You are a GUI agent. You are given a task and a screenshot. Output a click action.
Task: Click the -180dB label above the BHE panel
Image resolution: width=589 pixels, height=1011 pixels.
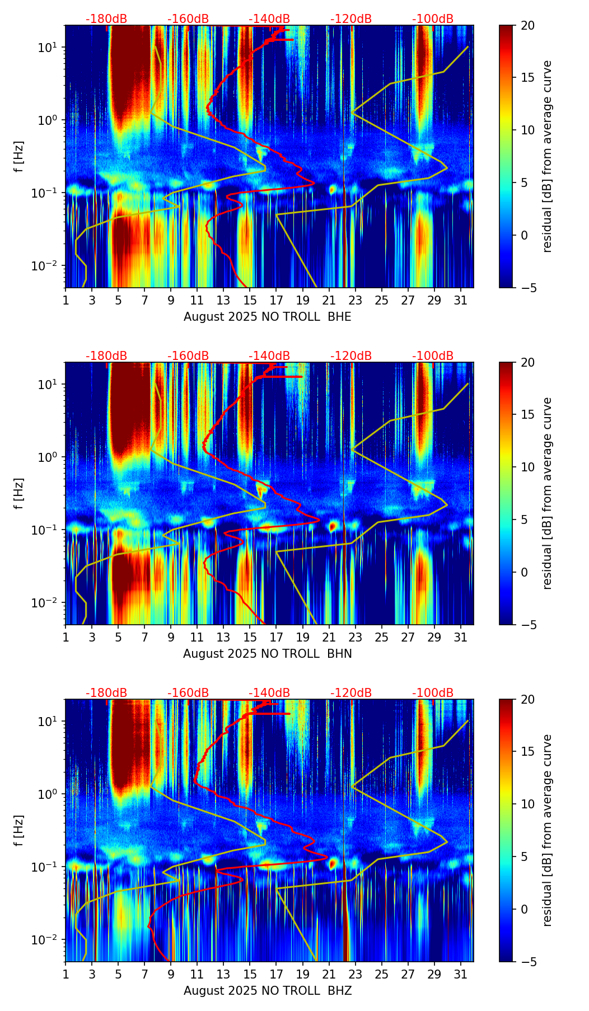(106, 19)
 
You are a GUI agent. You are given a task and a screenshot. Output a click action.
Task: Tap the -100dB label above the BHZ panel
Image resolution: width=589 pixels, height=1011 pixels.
(433, 693)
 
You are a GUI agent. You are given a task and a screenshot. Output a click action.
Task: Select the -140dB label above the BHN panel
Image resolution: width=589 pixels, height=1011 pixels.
(269, 356)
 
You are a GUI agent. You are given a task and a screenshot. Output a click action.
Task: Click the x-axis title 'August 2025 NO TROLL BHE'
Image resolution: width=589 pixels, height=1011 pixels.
(268, 317)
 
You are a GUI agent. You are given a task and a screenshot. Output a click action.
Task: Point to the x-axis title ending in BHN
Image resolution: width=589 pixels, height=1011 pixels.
(268, 654)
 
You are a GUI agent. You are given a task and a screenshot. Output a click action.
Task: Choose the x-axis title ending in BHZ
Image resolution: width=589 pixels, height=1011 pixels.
(268, 991)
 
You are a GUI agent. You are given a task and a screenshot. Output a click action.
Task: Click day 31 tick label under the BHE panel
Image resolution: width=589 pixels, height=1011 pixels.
(461, 300)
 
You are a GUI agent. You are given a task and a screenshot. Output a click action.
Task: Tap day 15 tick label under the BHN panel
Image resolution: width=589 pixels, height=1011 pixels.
(250, 637)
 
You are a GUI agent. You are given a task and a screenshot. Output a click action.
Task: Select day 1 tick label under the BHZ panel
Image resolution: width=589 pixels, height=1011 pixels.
(66, 974)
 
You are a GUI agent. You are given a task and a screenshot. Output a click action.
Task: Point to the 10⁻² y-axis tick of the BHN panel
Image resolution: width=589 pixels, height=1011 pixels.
(47, 602)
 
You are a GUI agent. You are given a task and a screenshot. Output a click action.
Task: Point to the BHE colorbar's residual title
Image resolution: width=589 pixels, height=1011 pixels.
(547, 156)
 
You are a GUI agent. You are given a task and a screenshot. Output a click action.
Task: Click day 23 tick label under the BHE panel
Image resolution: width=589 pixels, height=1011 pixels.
(355, 300)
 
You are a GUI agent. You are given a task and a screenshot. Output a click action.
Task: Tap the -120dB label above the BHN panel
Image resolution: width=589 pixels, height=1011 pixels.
(351, 356)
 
